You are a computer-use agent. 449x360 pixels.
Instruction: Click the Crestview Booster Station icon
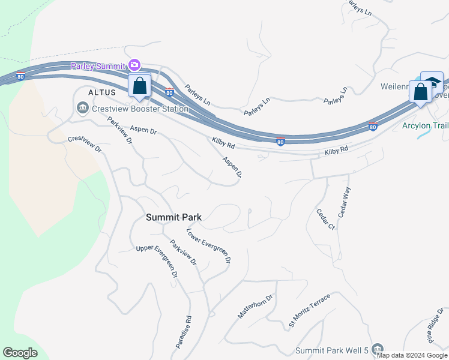coord(82,109)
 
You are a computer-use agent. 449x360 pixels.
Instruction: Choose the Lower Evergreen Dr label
coord(208,246)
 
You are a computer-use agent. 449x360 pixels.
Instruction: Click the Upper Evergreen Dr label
coord(157,261)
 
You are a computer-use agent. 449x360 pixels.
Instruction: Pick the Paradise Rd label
coord(184,332)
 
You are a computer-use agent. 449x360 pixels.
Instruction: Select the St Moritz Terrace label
coord(309,311)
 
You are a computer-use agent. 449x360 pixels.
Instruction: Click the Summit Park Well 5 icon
coord(378,349)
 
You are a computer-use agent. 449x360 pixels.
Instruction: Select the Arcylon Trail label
coord(425,125)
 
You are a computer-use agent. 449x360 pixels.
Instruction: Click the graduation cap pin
coord(432,82)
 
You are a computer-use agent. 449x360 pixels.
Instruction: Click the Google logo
coord(20,353)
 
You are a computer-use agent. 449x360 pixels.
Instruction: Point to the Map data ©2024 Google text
coord(411,355)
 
